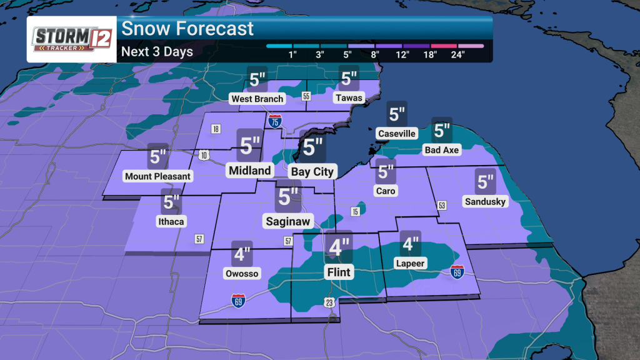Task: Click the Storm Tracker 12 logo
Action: pyautogui.click(x=71, y=39)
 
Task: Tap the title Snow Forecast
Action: pyautogui.click(x=187, y=28)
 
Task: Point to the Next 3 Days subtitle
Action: pyautogui.click(x=157, y=51)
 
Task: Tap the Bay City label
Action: pyautogui.click(x=313, y=171)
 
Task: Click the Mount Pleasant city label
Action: pyautogui.click(x=157, y=176)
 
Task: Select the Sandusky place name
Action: pyautogui.click(x=485, y=201)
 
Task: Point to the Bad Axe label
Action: pyautogui.click(x=442, y=150)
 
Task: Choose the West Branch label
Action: pyautogui.click(x=257, y=99)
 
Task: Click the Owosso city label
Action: pyautogui.click(x=241, y=273)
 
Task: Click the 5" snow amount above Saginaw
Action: pyautogui.click(x=288, y=196)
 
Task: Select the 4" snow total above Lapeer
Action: pyautogui.click(x=411, y=244)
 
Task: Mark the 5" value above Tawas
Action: pyautogui.click(x=349, y=79)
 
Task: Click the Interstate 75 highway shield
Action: pyautogui.click(x=274, y=121)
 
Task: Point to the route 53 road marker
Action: pyautogui.click(x=442, y=206)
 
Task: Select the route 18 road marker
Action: pyautogui.click(x=216, y=129)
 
